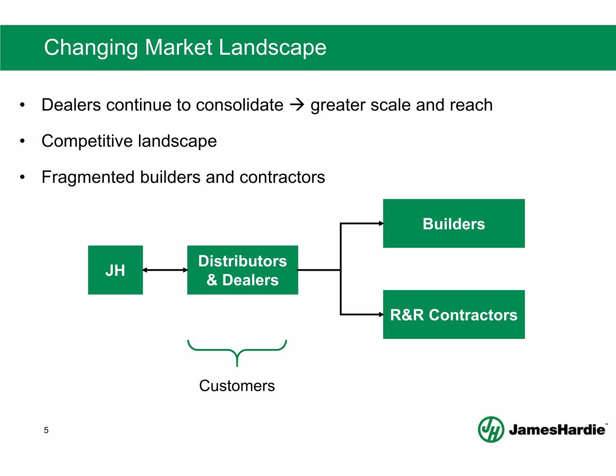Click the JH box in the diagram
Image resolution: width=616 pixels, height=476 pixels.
116,270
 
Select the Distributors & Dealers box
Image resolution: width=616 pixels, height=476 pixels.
243,270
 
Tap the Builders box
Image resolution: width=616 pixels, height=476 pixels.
454,223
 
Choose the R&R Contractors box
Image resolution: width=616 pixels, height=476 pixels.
454,314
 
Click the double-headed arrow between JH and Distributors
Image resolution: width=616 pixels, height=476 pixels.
165,270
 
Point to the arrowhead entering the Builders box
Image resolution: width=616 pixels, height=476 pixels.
381,223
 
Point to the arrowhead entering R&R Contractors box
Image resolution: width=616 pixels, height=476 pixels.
381,314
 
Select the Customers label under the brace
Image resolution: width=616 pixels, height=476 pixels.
237,386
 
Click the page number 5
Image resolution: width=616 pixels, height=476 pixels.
46,430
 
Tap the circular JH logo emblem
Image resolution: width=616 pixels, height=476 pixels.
491,429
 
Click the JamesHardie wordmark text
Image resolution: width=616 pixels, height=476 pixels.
557,430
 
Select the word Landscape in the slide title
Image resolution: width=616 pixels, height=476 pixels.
273,48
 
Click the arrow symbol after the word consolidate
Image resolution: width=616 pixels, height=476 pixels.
297,105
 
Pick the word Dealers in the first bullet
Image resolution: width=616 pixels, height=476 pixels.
71,105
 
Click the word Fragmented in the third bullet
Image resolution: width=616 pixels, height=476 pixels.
88,177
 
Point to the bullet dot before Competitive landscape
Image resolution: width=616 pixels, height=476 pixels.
23,141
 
